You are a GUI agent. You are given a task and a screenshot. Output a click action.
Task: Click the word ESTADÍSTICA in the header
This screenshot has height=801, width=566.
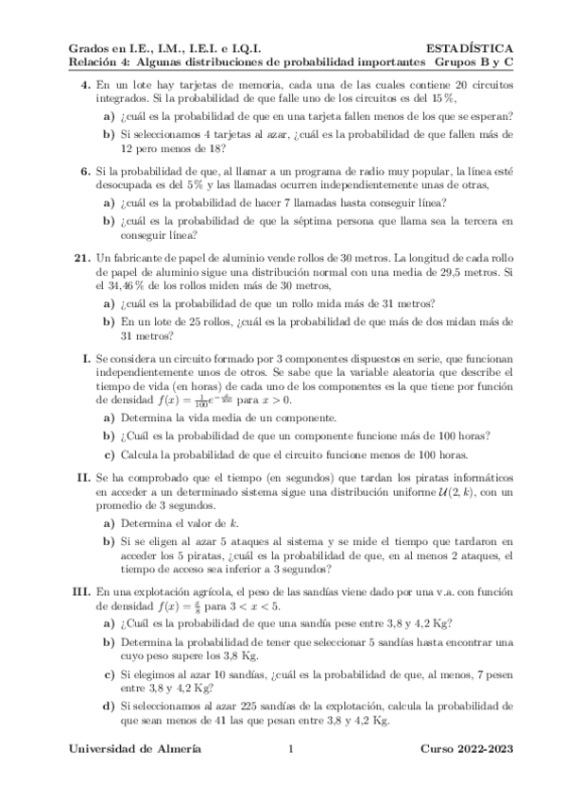click(470, 47)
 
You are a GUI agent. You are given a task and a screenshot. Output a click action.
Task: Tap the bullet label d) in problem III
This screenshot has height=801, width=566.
click(110, 706)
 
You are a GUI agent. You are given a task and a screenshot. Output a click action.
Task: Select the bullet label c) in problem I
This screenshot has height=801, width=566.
click(110, 454)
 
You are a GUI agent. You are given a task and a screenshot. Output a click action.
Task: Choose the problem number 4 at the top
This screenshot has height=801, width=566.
click(84, 85)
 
